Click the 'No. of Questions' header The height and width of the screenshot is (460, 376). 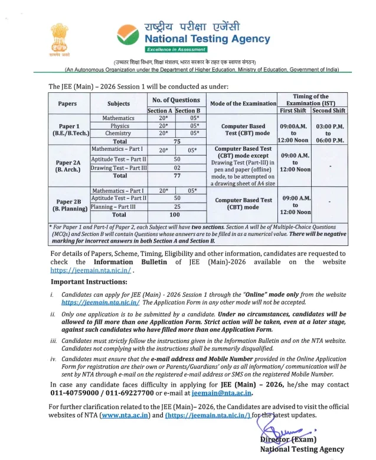(x=175, y=100)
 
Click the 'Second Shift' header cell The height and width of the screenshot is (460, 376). (x=329, y=111)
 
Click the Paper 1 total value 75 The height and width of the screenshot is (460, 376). (x=176, y=141)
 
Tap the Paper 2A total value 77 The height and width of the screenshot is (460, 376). (x=176, y=176)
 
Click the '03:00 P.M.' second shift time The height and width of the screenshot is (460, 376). (x=330, y=126)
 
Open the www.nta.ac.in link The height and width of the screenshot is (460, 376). (x=125, y=414)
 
